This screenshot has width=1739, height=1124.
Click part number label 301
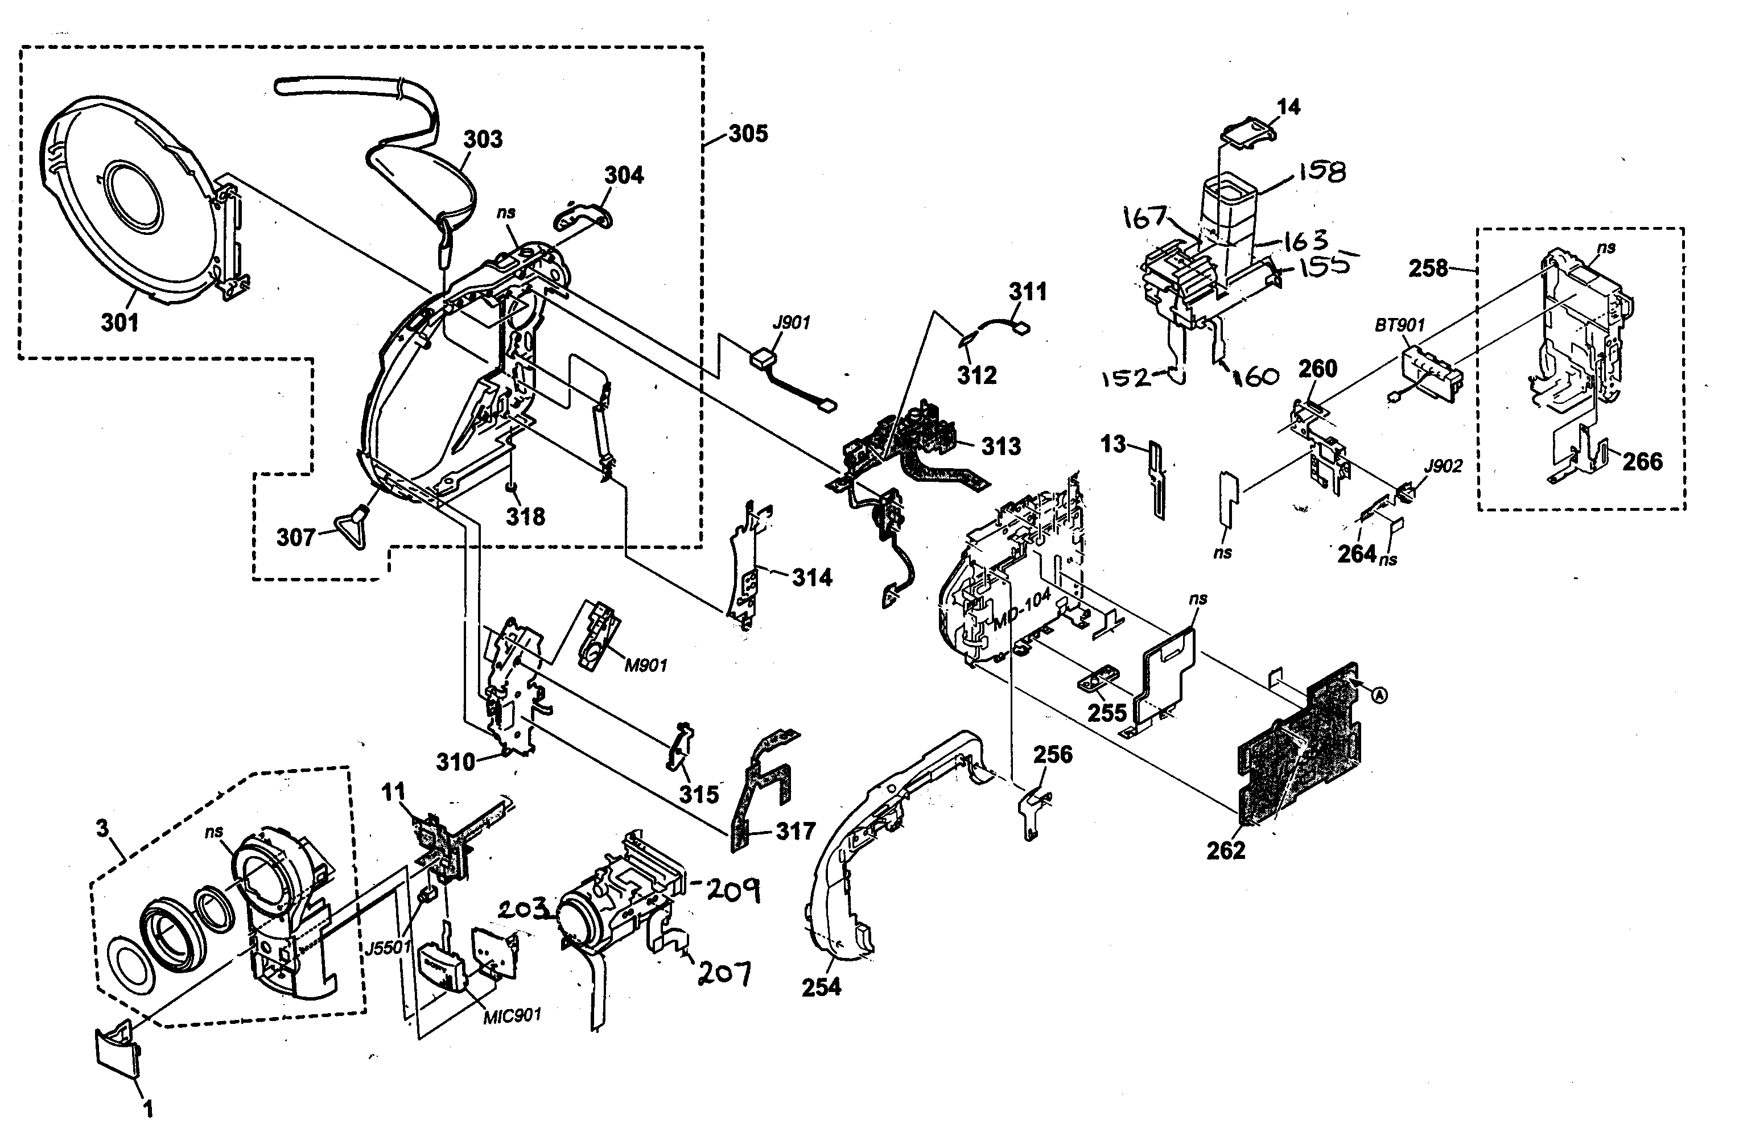[x=119, y=322]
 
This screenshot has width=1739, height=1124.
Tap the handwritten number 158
[x=1321, y=172]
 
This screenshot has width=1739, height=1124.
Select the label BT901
[x=1399, y=325]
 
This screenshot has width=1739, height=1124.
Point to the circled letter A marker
[x=1378, y=696]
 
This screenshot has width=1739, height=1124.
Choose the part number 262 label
[x=1225, y=850]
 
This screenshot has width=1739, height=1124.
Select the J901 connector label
[x=792, y=323]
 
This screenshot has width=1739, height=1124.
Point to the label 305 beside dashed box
[x=748, y=134]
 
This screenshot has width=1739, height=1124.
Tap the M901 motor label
[x=645, y=665]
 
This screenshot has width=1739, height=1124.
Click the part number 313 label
[x=1000, y=446]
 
